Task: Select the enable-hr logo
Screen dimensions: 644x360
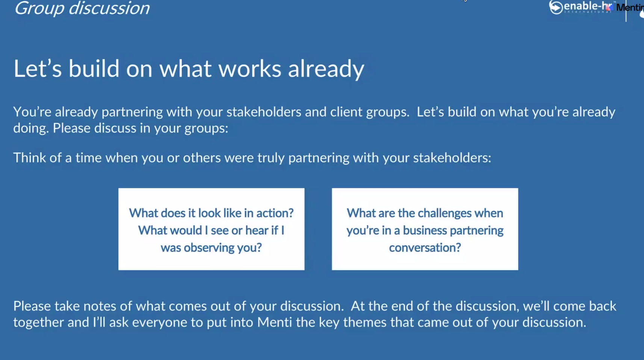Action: tap(581, 7)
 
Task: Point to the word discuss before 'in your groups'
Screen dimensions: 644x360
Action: tap(115, 128)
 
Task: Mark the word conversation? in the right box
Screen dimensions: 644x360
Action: tap(425, 248)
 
